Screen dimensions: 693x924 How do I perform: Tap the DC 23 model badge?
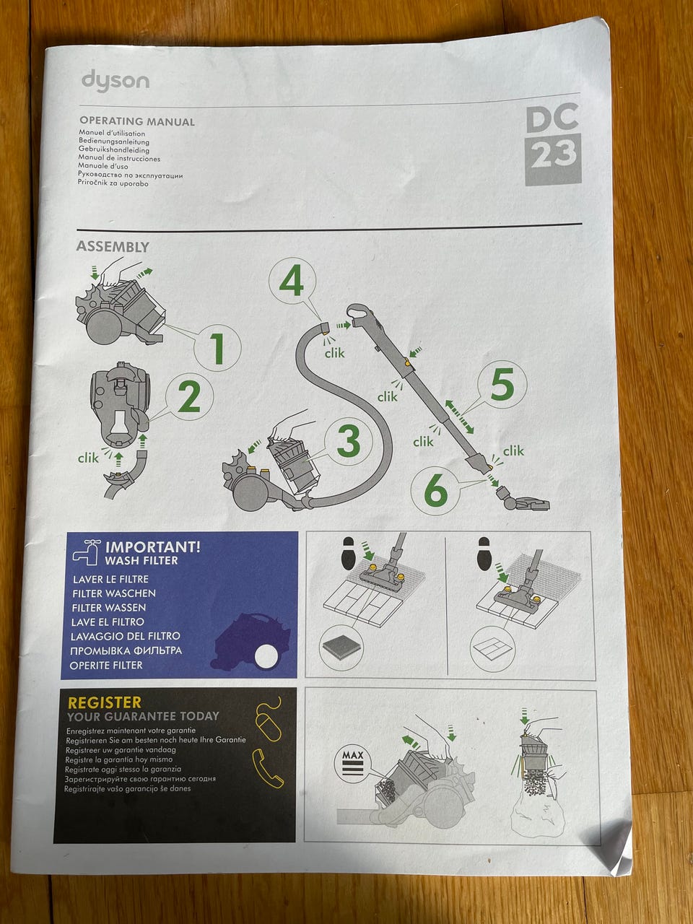553,144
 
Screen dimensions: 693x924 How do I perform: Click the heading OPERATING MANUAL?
137,122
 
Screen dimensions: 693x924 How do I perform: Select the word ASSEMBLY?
113,247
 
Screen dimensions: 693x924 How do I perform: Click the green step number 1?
217,348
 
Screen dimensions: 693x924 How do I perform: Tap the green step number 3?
349,440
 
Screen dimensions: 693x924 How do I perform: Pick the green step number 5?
502,384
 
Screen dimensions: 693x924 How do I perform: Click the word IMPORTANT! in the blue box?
152,547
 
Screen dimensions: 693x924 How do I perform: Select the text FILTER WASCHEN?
113,593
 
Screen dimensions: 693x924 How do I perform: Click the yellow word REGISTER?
105,702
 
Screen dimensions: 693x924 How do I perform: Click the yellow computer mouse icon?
268,719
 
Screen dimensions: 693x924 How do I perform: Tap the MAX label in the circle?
352,755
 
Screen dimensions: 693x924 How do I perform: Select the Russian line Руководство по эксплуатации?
131,175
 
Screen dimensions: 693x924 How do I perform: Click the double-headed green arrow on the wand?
459,417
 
